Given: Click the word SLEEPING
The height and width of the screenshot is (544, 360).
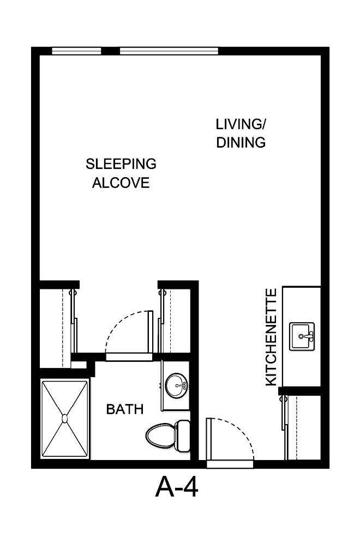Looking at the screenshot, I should tap(121, 164).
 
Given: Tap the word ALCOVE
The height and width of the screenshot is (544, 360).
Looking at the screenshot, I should tap(121, 183).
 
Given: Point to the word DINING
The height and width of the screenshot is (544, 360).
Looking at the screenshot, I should tap(241, 143).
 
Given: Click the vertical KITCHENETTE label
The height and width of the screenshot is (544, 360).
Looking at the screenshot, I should tap(271, 337).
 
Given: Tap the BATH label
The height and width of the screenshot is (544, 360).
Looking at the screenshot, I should tap(125, 409).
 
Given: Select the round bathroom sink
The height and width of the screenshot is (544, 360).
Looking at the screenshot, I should tap(176, 386).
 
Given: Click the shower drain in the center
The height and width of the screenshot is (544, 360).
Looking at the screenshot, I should tap(65, 419).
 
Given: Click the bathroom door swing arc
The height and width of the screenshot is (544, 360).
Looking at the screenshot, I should tap(127, 330).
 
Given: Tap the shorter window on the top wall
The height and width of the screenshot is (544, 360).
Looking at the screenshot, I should tap(76, 51).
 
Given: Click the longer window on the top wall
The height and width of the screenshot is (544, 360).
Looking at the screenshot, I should tap(170, 51).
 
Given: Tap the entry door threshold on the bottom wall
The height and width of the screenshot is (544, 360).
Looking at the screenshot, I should tap(230, 464).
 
